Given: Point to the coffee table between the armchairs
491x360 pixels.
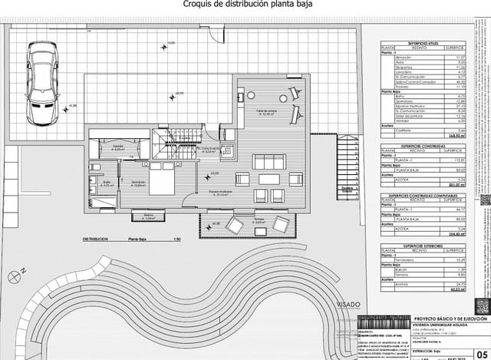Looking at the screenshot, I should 269,179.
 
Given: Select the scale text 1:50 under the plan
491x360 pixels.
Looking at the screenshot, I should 177,239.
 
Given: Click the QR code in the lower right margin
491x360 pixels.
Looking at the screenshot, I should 482,307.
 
